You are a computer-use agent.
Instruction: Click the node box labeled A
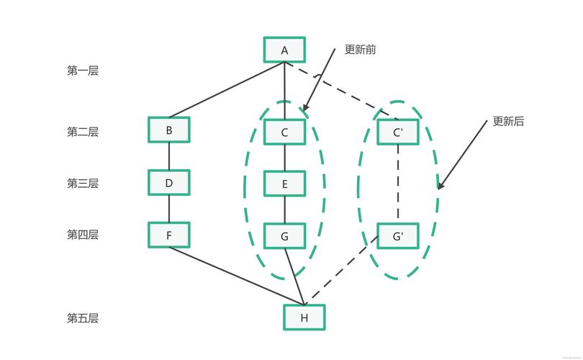click(284, 50)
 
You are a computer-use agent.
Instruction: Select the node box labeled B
click(169, 130)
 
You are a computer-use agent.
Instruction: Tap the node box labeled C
click(284, 132)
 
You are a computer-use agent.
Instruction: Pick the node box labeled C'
click(398, 132)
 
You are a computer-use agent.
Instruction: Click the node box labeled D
click(169, 183)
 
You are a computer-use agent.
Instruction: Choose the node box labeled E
click(284, 184)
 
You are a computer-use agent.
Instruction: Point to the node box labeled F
click(169, 235)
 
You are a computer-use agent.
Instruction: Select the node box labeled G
click(284, 235)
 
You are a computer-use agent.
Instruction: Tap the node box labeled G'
click(398, 235)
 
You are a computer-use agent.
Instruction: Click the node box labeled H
click(304, 318)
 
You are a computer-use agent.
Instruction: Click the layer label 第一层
click(83, 71)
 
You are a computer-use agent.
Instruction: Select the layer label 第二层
click(83, 132)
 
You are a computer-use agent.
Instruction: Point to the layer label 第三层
click(83, 184)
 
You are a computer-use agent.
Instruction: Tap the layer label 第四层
click(83, 235)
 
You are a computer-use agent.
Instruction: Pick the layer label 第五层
click(83, 318)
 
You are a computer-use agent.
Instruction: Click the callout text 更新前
click(360, 50)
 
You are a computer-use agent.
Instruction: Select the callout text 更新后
click(508, 122)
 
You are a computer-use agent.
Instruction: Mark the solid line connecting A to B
click(227, 90)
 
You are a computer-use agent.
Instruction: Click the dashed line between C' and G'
click(398, 184)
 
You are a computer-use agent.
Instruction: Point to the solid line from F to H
click(238, 276)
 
